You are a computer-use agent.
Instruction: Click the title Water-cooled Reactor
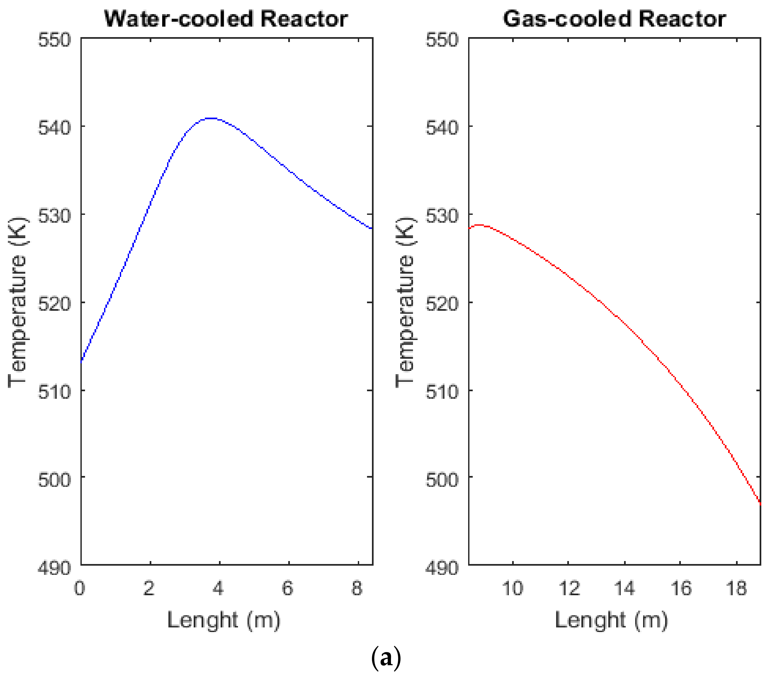click(x=226, y=19)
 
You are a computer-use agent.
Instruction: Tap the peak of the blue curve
click(x=211, y=119)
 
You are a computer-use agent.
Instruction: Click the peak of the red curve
click(x=479, y=225)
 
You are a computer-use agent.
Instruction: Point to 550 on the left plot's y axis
click(x=54, y=40)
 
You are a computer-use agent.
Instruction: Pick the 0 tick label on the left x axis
click(x=80, y=588)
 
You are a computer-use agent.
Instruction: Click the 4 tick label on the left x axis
click(x=219, y=588)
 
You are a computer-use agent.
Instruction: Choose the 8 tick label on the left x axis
click(x=357, y=588)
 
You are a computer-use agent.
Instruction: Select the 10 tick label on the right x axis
click(x=513, y=588)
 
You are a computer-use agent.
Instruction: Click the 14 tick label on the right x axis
click(x=625, y=588)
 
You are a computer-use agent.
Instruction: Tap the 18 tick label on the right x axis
click(x=737, y=588)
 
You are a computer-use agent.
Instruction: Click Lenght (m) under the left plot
click(x=224, y=621)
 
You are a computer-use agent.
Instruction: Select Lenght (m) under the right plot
click(x=611, y=621)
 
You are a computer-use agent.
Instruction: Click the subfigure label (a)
click(x=386, y=658)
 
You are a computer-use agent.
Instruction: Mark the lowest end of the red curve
click(x=760, y=503)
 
